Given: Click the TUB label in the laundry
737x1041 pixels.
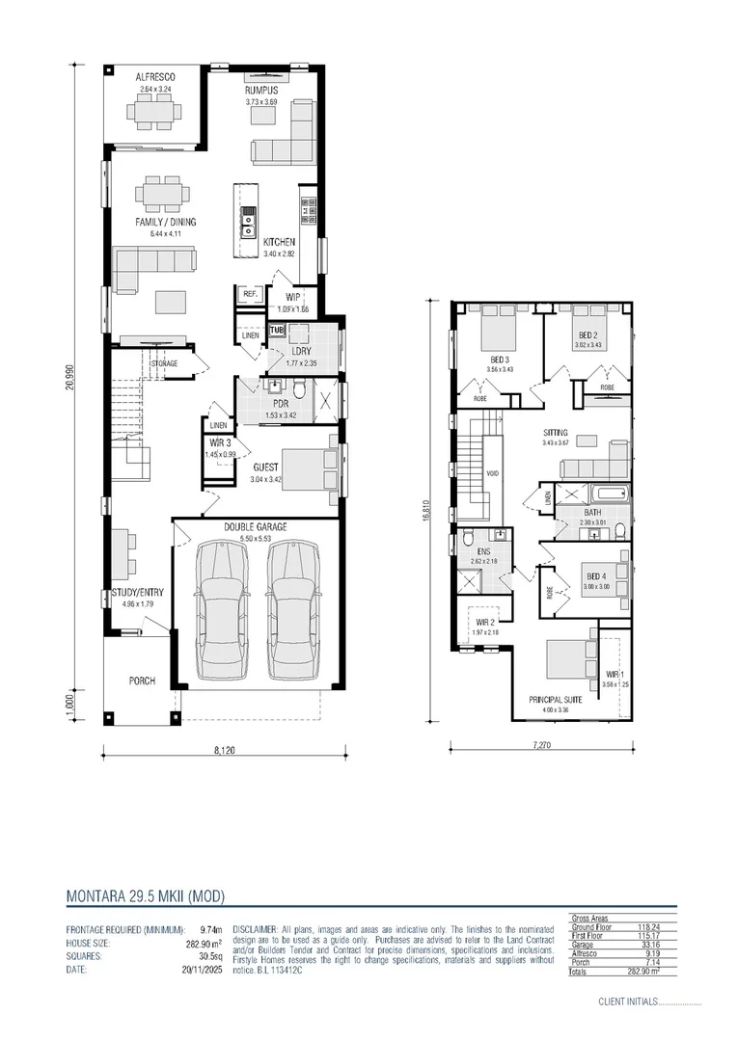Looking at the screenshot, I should (278, 331).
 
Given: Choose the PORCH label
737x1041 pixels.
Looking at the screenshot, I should (142, 681).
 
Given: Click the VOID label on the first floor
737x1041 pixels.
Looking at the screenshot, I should (492, 474).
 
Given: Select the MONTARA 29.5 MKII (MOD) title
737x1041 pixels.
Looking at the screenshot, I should (145, 895).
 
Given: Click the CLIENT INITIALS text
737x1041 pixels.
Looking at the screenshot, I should (633, 1001).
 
